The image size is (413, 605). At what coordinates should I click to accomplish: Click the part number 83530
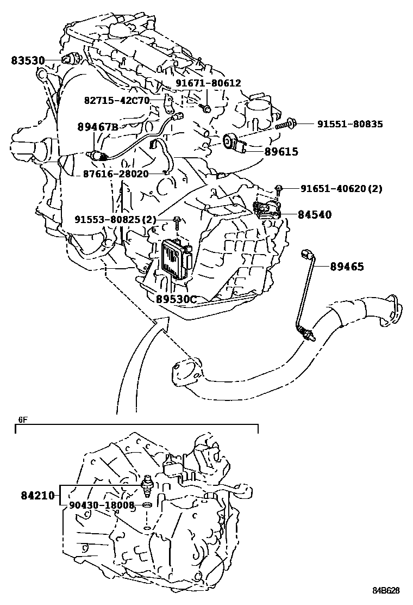pos(28,60)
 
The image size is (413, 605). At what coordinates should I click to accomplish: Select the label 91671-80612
pos(208,83)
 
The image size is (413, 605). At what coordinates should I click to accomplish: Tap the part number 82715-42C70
pos(117,101)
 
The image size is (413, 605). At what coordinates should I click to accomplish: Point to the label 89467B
pos(97,127)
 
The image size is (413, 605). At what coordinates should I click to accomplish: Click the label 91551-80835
pos(350,124)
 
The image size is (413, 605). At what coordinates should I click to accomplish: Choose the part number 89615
pos(281,152)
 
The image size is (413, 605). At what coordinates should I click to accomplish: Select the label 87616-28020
pos(116,174)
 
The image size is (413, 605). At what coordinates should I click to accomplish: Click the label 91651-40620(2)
pos(341,189)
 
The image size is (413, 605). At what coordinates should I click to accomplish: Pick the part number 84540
pos(314,214)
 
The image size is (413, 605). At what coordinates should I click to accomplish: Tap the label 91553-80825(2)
pos(115,220)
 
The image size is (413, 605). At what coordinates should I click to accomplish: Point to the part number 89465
pos(345,267)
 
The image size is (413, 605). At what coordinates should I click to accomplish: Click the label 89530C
pos(176,299)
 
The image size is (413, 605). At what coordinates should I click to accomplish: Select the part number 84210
pos(38,495)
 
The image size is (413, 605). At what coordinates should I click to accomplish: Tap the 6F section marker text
pos(22,419)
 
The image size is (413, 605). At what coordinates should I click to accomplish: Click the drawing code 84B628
pos(386,590)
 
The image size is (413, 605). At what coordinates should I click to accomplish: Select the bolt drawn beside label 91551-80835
pos(286,125)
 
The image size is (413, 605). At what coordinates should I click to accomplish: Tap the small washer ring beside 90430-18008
pos(147,505)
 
